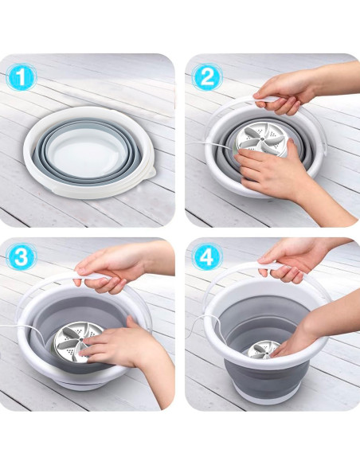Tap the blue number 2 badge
[x=205, y=77]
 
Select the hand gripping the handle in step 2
[x=283, y=89]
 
